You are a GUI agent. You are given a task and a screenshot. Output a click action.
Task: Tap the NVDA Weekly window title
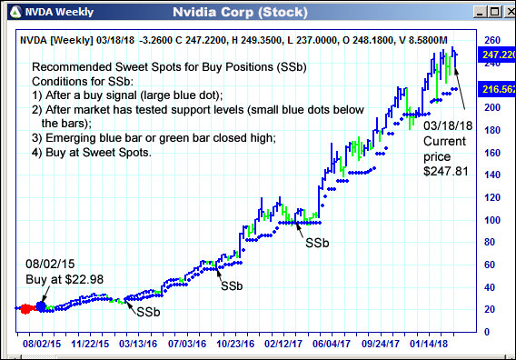(x=50, y=13)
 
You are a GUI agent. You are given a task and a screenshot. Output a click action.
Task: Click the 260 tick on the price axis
(x=491, y=41)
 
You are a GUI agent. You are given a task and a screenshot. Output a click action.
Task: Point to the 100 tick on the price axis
(x=491, y=220)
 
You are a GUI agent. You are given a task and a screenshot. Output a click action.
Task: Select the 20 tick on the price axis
(x=491, y=309)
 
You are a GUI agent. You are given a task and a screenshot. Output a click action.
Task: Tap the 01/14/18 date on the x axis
(x=432, y=345)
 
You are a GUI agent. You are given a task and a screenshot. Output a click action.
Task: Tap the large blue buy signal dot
(x=40, y=306)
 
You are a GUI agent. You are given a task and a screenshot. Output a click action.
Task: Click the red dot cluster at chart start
(x=25, y=309)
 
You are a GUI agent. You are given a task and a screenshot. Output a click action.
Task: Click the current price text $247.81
(x=445, y=170)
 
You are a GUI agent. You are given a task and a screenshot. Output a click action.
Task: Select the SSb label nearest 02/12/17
(x=317, y=244)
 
